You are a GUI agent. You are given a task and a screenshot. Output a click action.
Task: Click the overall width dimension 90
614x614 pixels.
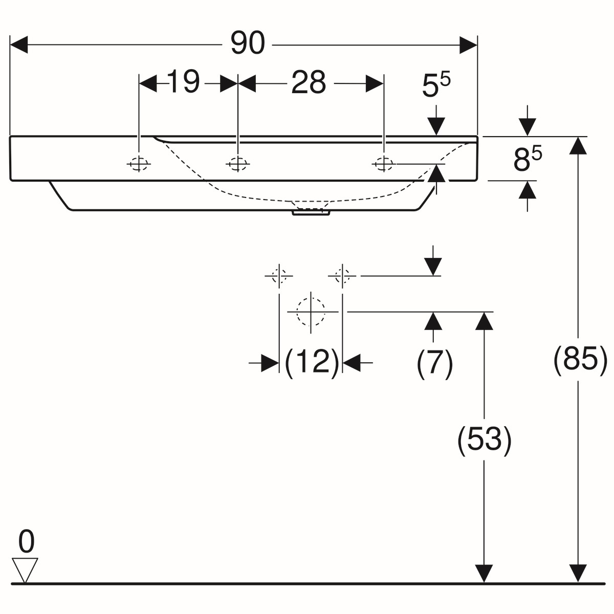(248, 43)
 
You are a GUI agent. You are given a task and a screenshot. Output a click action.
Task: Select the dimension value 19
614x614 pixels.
(183, 82)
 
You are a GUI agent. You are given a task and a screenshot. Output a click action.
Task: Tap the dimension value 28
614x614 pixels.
(309, 82)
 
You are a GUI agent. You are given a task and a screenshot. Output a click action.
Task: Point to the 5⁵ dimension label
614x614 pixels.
(436, 85)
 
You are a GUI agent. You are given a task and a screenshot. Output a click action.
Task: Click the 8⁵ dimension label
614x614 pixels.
(528, 158)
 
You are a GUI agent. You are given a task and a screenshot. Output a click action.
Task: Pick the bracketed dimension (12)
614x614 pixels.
(311, 363)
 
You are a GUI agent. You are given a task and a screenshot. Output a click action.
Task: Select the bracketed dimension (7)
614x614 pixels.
(434, 364)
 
